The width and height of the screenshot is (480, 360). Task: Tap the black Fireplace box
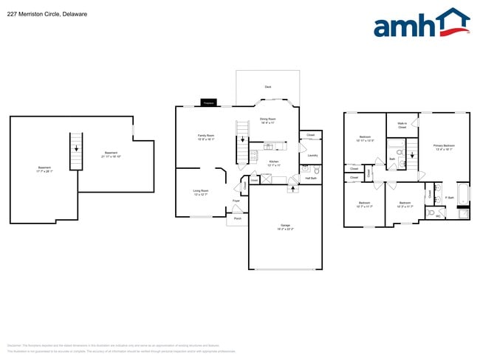pos(208,103)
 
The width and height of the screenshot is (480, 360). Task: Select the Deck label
pos(267,87)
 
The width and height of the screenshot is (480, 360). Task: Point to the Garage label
pos(285,226)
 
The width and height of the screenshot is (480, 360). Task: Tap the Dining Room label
pos(267,120)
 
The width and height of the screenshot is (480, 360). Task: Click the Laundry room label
pos(312,156)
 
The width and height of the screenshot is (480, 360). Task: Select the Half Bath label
pos(311,178)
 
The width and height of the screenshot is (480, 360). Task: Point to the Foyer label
pos(236,201)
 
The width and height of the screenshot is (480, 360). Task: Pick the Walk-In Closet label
pos(402,125)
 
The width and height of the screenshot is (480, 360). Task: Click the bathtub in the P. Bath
pos(462,195)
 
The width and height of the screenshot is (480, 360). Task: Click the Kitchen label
pos(274,162)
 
